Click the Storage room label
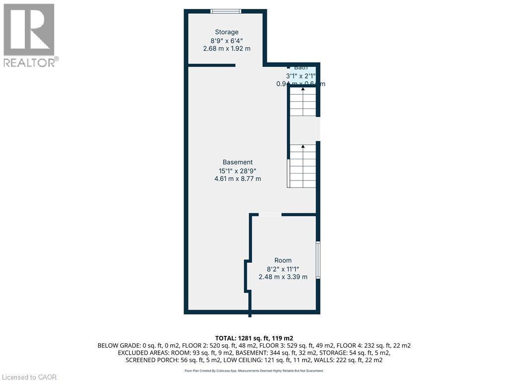click(x=226, y=32)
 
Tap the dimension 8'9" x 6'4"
click(x=226, y=41)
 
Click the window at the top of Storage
click(x=226, y=11)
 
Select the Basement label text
click(x=238, y=162)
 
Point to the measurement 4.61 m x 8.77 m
click(x=238, y=179)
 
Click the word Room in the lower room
click(x=283, y=260)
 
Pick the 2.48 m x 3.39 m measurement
click(x=283, y=277)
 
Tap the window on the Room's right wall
click(x=318, y=260)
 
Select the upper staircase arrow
click(x=303, y=89)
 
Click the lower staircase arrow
click(x=303, y=147)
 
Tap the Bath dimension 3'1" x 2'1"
click(x=301, y=76)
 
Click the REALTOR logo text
click(x=30, y=63)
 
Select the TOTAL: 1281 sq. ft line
click(x=254, y=337)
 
